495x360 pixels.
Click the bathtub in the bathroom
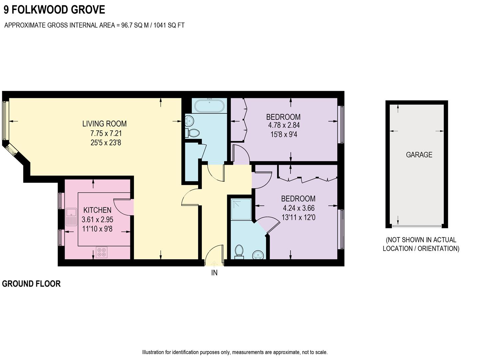(209, 106)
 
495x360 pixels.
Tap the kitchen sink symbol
(71, 217)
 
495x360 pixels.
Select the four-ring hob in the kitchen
(102, 252)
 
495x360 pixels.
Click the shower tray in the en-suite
(241, 209)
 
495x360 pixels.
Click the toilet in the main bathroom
(193, 133)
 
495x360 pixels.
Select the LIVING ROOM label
(104, 124)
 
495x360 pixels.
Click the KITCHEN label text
(97, 210)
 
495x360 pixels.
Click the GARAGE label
(419, 155)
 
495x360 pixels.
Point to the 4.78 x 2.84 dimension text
(284, 125)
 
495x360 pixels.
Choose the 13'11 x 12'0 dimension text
(298, 217)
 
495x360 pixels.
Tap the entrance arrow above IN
(214, 263)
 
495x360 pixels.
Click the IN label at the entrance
(214, 273)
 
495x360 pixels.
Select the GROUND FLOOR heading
(31, 284)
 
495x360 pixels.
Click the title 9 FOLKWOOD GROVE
(54, 10)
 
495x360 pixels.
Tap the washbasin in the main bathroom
(189, 120)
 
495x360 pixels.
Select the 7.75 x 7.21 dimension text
(106, 134)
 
